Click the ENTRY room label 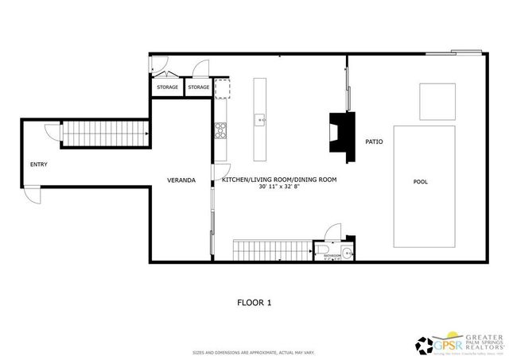tap(39, 165)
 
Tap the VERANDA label tap(181, 180)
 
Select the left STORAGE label tap(167, 87)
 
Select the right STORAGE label tap(199, 87)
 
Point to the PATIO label tap(375, 142)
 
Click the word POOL tap(421, 182)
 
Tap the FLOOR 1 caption tap(254, 302)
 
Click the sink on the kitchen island tap(259, 121)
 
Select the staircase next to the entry tap(106, 134)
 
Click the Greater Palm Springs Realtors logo tap(460, 343)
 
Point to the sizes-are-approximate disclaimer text tap(254, 352)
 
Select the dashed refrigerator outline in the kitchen tap(221, 88)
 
